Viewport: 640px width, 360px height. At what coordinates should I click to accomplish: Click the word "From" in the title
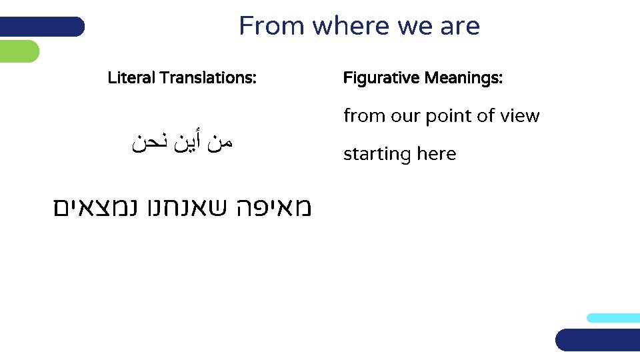[272, 27]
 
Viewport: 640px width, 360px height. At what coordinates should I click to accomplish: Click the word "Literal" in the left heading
[131, 78]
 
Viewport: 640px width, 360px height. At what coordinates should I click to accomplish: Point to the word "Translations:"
[207, 78]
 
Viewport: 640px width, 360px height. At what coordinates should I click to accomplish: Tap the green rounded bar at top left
[19, 51]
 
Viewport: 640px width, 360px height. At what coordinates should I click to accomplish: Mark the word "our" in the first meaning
[405, 116]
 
